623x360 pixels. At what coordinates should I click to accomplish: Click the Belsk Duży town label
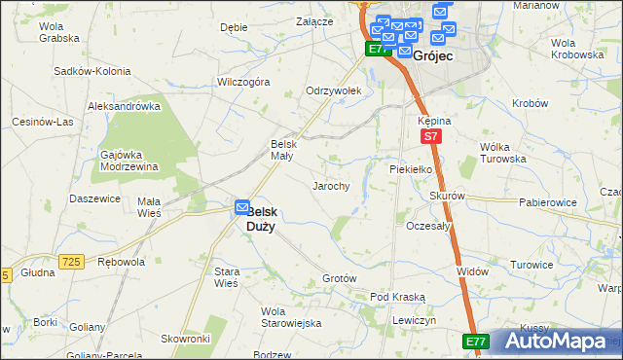pos(260,218)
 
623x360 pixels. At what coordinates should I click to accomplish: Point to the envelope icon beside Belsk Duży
pos(240,207)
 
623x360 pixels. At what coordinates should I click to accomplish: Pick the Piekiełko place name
pos(409,168)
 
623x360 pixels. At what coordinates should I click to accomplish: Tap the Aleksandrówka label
pos(124,105)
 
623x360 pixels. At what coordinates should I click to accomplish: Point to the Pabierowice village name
pos(545,202)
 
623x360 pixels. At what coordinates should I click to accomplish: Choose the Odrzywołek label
pos(334,90)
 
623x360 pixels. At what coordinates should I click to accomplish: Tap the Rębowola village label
pos(122,261)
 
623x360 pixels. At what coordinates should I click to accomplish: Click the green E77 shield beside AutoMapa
pos(475,342)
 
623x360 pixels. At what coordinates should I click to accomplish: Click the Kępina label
pos(433,120)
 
